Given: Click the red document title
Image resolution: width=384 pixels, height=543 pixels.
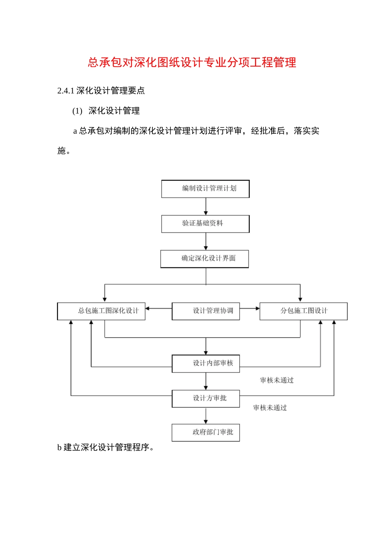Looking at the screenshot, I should pos(192,62).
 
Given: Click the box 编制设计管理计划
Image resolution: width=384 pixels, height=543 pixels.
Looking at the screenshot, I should pos(205,189).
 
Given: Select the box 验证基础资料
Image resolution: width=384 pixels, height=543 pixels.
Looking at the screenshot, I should pos(205,223).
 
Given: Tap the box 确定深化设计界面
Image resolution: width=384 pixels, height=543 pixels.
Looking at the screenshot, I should pos(205,259).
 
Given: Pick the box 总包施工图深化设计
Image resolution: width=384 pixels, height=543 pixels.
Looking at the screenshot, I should pos(101,311).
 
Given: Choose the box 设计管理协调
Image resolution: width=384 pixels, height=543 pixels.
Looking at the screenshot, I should pos(206,311).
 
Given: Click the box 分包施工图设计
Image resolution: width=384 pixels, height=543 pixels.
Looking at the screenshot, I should pos(304,311).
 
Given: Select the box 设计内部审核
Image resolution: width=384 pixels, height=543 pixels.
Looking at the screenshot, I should pos(206,363).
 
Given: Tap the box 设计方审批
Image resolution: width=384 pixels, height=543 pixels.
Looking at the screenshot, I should pos(206,398).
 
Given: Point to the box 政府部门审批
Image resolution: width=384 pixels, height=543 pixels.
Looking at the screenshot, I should pos(206,432).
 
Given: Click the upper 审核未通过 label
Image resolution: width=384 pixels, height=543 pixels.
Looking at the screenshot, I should pos(277,380).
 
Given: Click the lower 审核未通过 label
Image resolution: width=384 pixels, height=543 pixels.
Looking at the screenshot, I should pos(270,408).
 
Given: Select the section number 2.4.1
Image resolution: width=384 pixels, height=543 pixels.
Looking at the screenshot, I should pos(65,91).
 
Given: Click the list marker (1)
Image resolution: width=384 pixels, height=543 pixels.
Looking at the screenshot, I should pos(77,111).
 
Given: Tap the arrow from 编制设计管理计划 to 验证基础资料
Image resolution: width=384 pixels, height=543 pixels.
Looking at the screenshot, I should pos(206,206).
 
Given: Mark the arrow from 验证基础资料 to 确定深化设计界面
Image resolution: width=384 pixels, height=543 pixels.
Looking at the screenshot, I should pos(206,242).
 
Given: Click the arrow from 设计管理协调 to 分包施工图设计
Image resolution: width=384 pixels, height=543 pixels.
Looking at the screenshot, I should pos(249,309).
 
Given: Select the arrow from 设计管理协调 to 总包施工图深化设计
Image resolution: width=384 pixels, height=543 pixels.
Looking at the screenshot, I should pos(158,309).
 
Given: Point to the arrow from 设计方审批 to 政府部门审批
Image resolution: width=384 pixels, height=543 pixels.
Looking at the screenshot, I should pos(206,416).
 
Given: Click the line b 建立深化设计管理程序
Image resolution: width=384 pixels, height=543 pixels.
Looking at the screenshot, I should pos(105,447).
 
